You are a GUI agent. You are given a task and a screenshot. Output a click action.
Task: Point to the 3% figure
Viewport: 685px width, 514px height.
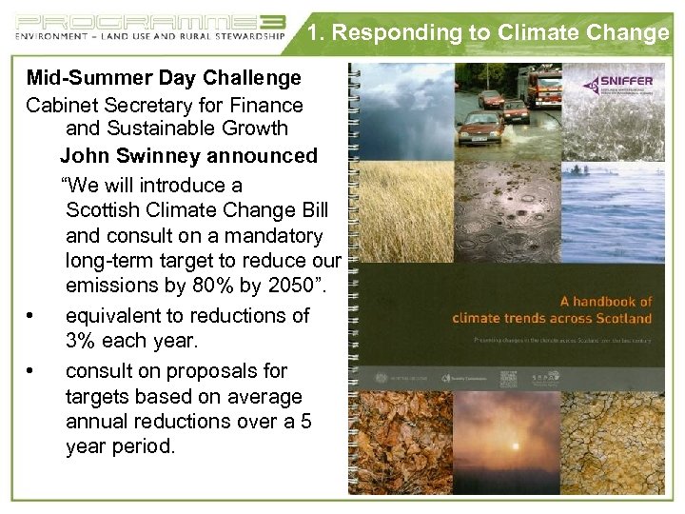81,340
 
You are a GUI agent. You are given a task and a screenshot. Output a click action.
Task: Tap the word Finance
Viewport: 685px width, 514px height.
260,105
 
